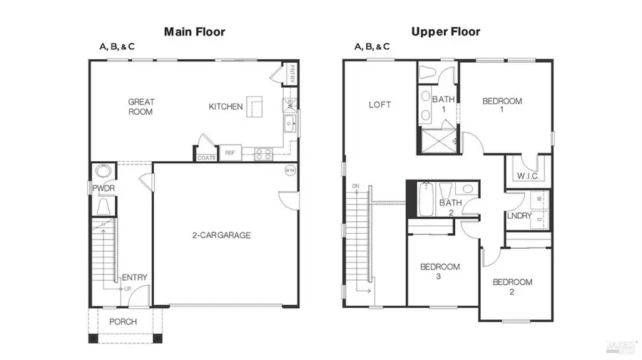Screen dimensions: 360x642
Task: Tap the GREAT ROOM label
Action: (141, 106)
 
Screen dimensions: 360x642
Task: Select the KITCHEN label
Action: (225, 107)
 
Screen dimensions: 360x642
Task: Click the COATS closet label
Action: (206, 157)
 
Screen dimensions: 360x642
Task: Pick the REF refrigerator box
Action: (230, 153)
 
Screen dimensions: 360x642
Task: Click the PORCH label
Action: (123, 322)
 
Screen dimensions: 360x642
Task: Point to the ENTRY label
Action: (134, 277)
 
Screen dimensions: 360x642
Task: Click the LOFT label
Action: (379, 105)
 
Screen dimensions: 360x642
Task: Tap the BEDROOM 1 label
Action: (502, 106)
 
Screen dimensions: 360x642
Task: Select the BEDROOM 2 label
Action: (512, 287)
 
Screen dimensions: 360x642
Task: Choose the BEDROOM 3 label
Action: (439, 272)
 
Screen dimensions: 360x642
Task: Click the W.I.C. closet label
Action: (527, 175)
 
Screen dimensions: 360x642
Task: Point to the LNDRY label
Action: (519, 216)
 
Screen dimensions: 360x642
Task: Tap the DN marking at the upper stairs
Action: (355, 187)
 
